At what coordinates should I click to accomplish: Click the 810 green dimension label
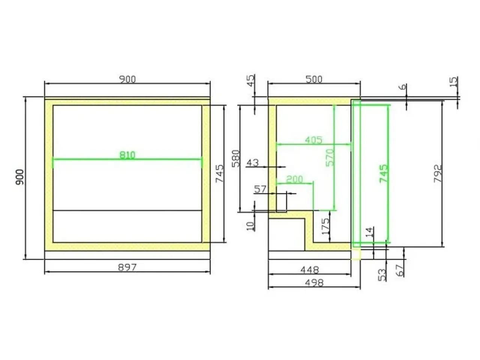[x=127, y=155]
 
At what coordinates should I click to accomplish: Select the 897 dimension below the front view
[x=127, y=267]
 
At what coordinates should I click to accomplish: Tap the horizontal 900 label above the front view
[x=127, y=79]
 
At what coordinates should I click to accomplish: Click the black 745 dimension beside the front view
[x=219, y=174]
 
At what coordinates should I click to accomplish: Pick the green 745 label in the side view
[x=384, y=174]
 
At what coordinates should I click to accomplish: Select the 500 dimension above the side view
[x=314, y=79]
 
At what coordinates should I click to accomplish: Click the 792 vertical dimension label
[x=438, y=174]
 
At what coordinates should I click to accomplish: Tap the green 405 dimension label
[x=313, y=140]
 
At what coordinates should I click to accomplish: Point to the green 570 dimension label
[x=330, y=157]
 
